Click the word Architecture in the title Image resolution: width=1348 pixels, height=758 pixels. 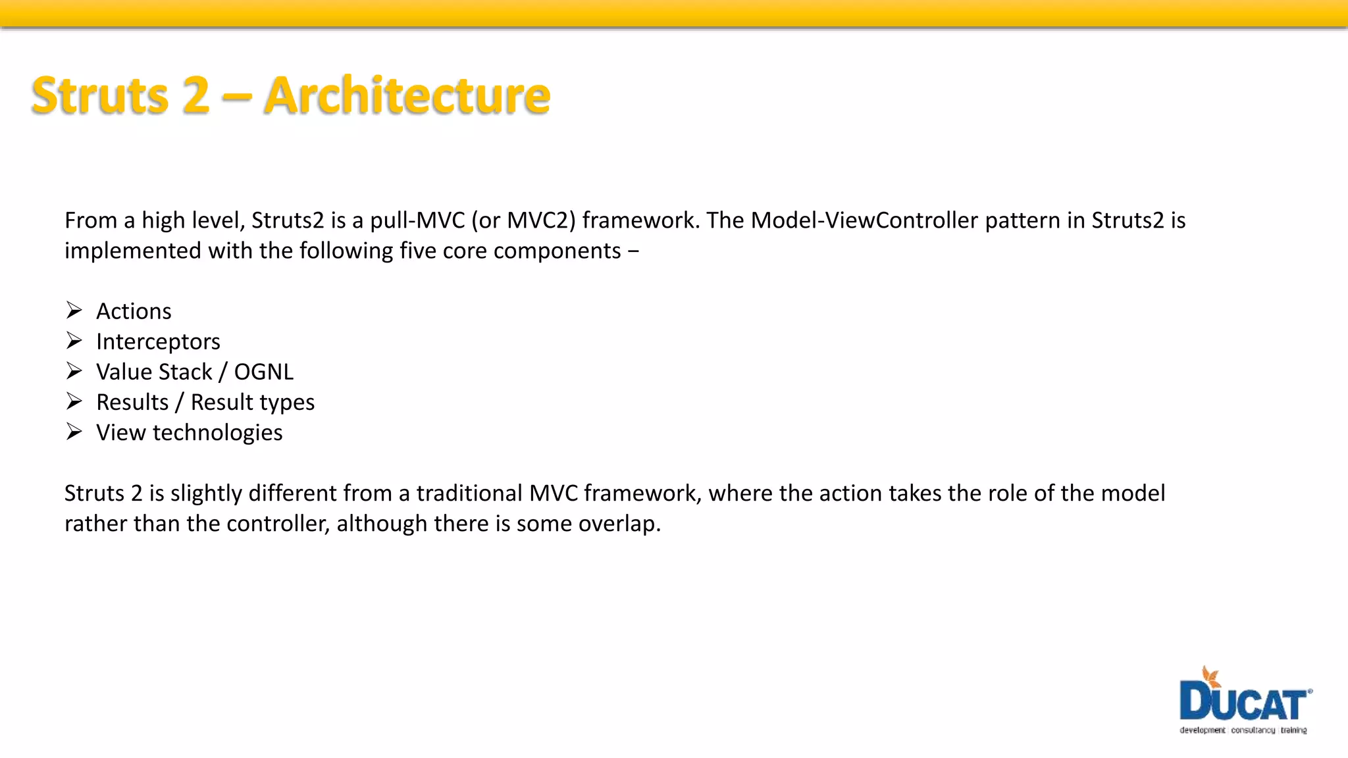pos(407,96)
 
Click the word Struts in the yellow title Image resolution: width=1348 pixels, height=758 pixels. pos(101,96)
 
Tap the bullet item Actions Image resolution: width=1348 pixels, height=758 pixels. pos(134,311)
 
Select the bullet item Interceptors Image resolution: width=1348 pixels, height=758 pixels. pos(158,341)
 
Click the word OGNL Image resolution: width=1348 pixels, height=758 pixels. pos(263,372)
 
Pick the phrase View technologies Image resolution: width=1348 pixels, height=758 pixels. pos(189,432)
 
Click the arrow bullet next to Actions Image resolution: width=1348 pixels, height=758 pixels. pos(74,310)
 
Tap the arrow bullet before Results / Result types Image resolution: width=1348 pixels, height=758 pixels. pos(74,401)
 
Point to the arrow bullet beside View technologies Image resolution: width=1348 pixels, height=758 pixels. pos(74,431)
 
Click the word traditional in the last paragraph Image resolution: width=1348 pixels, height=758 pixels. pos(469,493)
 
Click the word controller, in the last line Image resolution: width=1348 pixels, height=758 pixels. pos(278,524)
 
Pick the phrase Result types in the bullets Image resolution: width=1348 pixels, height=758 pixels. pos(253,402)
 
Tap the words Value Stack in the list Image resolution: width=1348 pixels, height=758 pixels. pos(154,372)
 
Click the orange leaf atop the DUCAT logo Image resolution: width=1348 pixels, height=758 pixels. pos(1210,678)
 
